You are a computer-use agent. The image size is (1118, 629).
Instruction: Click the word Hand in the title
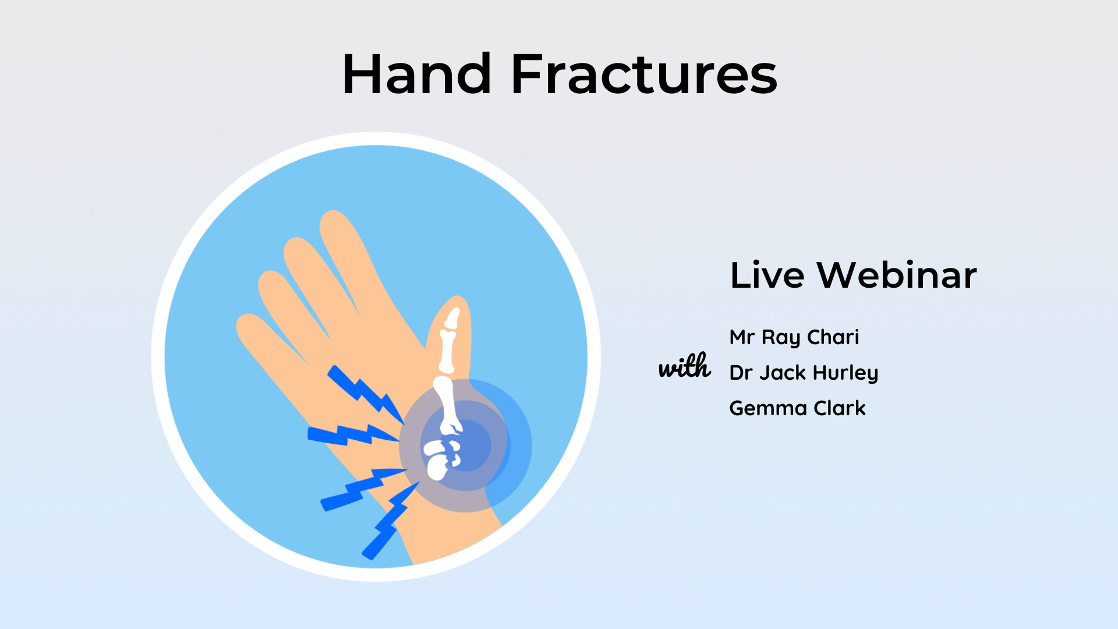(x=417, y=74)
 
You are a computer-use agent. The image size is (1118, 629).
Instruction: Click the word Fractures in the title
(x=643, y=74)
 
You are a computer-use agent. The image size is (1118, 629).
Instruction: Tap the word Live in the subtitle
(x=767, y=275)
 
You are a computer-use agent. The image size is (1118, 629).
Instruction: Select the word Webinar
(x=897, y=275)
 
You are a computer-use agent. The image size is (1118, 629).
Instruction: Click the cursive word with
(x=685, y=367)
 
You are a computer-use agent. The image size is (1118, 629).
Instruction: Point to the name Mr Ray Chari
(x=794, y=337)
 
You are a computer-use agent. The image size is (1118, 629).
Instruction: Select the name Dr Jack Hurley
(x=804, y=373)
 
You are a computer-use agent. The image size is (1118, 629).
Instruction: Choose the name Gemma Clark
(x=797, y=408)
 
